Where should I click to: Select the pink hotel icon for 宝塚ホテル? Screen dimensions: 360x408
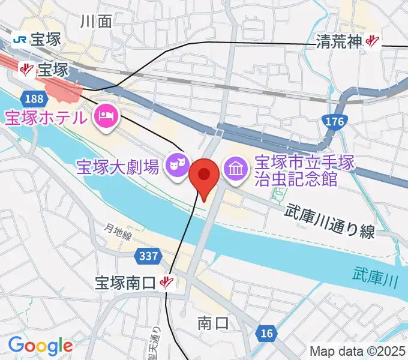[x=106, y=113]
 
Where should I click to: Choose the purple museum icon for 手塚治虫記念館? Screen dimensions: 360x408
[x=235, y=168]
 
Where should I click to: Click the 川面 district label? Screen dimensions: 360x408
[x=96, y=22]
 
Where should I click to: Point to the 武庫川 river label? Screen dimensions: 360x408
[x=376, y=272]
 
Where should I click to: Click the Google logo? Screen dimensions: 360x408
[x=40, y=345]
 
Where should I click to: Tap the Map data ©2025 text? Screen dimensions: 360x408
[x=358, y=351]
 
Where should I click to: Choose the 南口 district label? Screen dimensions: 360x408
[x=213, y=324]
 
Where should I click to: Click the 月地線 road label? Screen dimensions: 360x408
[x=118, y=232]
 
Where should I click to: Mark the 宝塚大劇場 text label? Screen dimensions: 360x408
[x=118, y=166]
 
